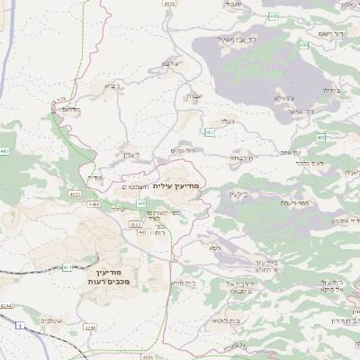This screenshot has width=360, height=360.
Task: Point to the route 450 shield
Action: [303, 44]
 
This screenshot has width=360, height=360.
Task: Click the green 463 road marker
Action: [209, 132]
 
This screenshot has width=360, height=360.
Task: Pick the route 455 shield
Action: [320, 137]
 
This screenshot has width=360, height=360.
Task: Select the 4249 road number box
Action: [89, 327]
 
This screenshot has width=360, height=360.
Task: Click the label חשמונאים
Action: [135, 184]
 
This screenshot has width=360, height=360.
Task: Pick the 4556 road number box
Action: [148, 357]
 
